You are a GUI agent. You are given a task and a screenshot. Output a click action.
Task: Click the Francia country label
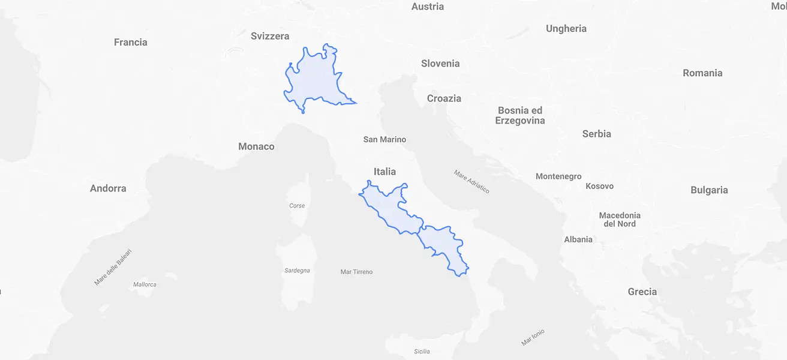coord(130,42)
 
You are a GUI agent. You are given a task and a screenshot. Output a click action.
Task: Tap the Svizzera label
coord(270,36)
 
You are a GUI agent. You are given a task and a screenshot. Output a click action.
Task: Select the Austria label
coord(428,7)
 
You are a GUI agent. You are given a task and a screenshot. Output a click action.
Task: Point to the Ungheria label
coord(566,28)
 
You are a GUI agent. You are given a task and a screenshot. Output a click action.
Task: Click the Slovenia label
coord(440,64)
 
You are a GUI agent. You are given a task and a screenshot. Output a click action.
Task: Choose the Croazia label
coord(444,98)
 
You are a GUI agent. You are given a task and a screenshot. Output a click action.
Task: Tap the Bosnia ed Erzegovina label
coord(520,115)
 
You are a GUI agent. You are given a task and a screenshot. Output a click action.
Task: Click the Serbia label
coord(596,134)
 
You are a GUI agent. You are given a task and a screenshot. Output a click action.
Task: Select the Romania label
coord(702,73)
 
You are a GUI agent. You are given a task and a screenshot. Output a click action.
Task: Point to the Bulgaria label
coord(709,190)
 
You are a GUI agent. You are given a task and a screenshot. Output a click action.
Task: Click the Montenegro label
coord(558,176)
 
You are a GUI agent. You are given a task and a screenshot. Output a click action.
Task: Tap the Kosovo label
coord(599,186)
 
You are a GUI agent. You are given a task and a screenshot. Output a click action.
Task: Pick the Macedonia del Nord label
coord(620,220)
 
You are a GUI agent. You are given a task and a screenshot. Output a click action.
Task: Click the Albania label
coord(578,239)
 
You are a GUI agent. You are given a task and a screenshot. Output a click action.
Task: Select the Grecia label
coord(642,292)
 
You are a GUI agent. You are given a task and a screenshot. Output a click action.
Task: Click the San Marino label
coord(385,140)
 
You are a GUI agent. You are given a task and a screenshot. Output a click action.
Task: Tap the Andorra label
coord(108,188)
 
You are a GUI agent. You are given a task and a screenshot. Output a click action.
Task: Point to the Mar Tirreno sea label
coord(356,272)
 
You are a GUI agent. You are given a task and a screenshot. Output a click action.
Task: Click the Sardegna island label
coord(297,271)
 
